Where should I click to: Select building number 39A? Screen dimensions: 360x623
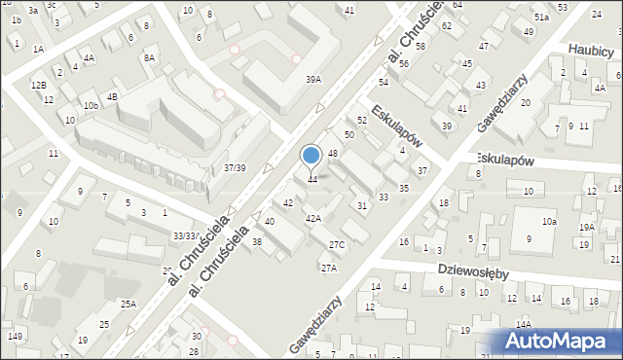(312, 80)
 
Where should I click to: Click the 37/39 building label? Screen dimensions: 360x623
(235, 167)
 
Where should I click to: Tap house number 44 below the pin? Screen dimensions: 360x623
(311, 180)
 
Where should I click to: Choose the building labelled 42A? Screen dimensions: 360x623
(313, 219)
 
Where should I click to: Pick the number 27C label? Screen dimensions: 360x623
(337, 244)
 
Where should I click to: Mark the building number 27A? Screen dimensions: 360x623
(329, 268)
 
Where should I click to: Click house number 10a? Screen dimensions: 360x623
(550, 222)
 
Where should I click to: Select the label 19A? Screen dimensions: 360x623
(586, 227)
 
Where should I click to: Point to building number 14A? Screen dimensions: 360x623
(524, 324)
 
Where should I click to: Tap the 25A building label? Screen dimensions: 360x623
(129, 304)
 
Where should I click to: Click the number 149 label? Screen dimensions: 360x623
(15, 337)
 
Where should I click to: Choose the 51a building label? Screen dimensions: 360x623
(542, 18)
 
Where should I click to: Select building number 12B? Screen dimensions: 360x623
(38, 86)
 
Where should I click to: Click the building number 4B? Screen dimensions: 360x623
(112, 96)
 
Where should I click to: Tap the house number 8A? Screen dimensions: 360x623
(149, 58)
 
